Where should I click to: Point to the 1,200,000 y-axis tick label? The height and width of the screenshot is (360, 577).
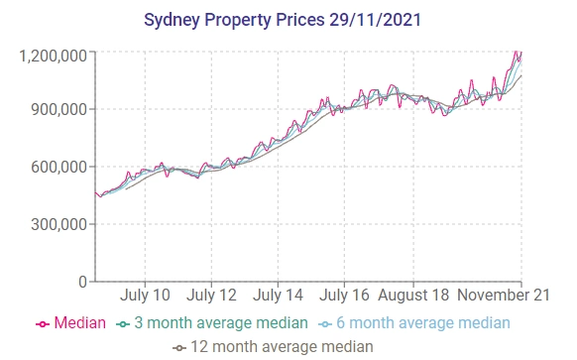53,56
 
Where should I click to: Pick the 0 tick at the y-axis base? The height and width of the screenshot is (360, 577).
82,282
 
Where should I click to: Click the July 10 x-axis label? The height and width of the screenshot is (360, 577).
145,296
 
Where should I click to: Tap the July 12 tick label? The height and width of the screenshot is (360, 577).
211,296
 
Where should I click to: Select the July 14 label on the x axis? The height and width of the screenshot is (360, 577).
278,296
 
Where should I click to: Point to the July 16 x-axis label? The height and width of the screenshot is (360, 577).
344,296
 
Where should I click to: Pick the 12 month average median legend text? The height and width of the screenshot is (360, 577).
282,346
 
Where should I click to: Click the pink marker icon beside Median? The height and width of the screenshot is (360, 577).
43,324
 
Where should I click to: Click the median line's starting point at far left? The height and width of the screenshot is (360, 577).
95,192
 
